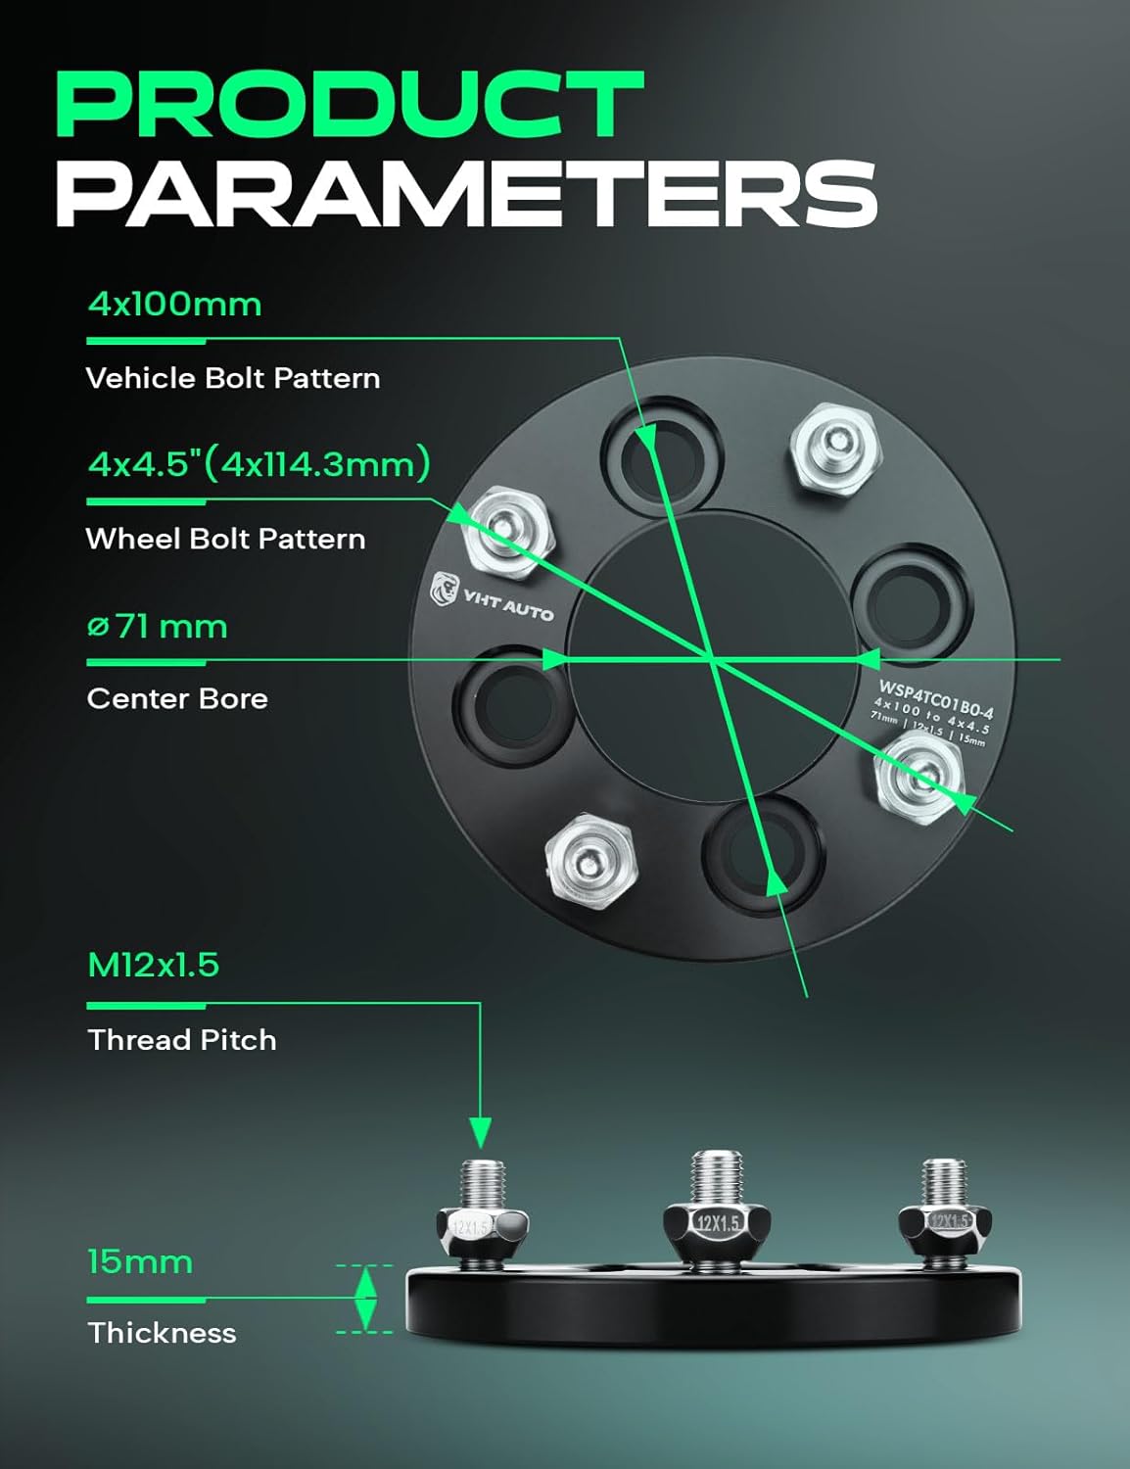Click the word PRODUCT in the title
pos(349,105)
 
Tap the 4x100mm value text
pos(174,305)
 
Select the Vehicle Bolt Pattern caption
pos(233,378)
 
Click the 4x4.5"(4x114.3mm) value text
pos(259,463)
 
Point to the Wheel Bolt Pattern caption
pos(225,539)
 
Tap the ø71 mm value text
pos(157,626)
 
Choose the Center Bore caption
pos(177,698)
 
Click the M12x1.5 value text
pos(153,965)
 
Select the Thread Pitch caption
pos(182,1039)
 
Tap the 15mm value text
pos(139,1261)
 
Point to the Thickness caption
pos(162,1333)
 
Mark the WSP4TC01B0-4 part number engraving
pos(935,698)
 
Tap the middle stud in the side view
pos(717,1205)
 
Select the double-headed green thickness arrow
pos(365,1299)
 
